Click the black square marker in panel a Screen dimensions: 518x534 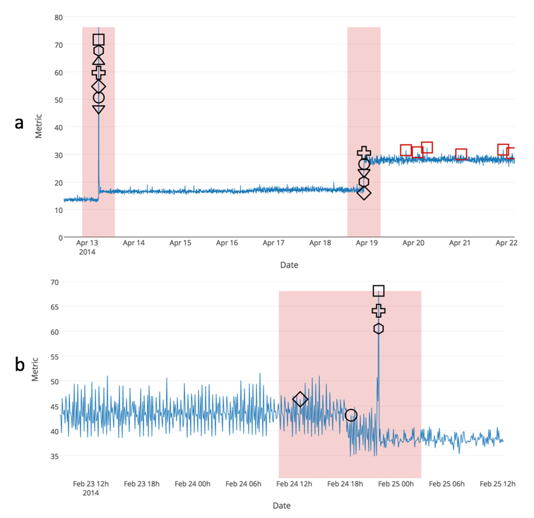tap(99, 40)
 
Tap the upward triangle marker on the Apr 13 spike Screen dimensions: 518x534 tap(99, 61)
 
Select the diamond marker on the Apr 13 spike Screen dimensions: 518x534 tap(99, 87)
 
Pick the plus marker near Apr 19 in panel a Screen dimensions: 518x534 tap(364, 153)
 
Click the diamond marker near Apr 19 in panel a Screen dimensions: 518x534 tap(364, 193)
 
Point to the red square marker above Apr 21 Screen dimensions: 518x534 tap(461, 154)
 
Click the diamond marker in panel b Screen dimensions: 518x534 tap(300, 399)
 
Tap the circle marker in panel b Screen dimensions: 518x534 tap(351, 415)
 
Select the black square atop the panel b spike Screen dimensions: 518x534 tap(378, 291)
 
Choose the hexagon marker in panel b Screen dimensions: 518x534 tap(378, 329)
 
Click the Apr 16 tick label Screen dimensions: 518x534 tap(227, 243)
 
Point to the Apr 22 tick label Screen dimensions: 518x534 tap(506, 243)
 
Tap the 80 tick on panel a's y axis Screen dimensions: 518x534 tap(58, 17)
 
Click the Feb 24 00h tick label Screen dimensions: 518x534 tap(192, 484)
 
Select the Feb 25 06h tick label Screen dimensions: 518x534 tap(446, 484)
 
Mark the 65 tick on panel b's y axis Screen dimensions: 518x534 tap(54, 307)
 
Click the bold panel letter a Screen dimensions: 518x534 tap(19, 123)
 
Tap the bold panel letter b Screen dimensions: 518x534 tap(20, 365)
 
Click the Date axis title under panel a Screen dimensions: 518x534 tap(289, 265)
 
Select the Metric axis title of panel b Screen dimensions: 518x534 tap(35, 370)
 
